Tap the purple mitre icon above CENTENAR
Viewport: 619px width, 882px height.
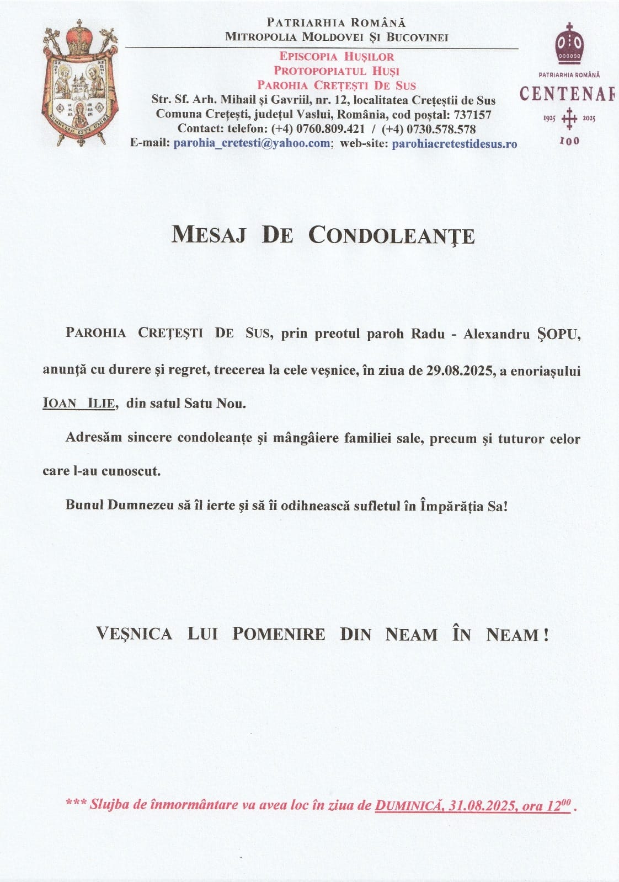tap(568, 44)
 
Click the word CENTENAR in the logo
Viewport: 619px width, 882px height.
tap(567, 94)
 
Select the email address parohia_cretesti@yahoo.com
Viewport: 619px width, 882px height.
tap(252, 143)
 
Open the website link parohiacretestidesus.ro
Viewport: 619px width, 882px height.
tap(454, 143)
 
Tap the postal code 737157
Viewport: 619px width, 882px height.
tap(472, 115)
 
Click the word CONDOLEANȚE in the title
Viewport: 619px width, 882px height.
tap(391, 235)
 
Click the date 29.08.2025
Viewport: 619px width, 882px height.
tap(460, 371)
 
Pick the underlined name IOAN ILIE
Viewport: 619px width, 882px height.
tap(79, 404)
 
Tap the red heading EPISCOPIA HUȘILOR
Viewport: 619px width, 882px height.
tap(337, 56)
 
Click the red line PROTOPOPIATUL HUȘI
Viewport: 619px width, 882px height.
tap(337, 71)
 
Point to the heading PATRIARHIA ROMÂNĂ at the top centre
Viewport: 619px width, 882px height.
tap(336, 23)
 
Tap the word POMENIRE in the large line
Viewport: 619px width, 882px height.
tap(279, 634)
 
